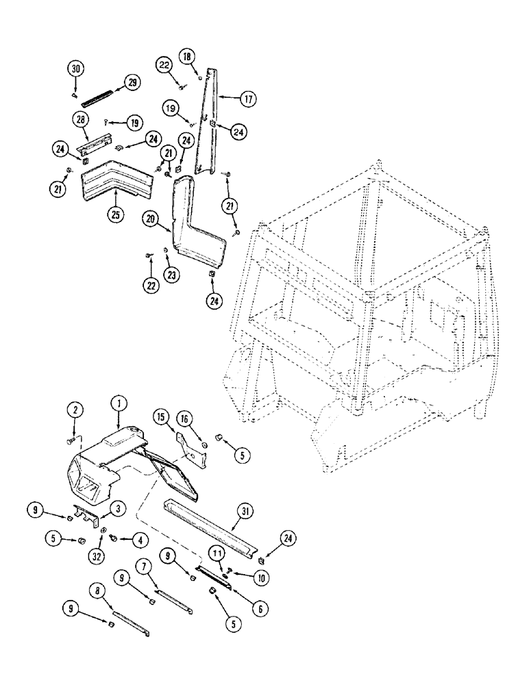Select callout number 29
click(x=130, y=83)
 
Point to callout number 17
click(x=247, y=99)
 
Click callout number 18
click(x=186, y=56)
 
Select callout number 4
click(x=141, y=540)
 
